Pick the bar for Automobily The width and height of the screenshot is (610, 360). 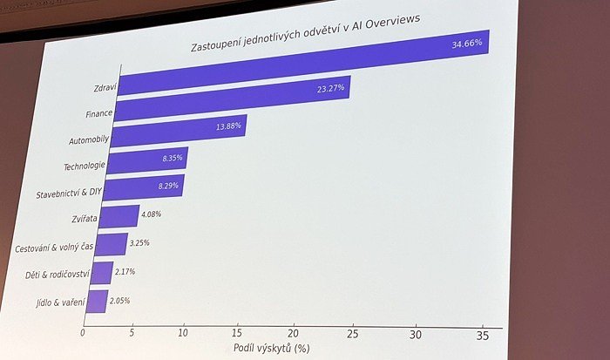pos(180,131)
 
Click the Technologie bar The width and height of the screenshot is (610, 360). pos(147,160)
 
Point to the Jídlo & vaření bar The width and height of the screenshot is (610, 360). pos(97,301)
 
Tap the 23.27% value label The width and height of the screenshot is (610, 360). pos(331,88)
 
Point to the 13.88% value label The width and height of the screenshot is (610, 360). pos(229,127)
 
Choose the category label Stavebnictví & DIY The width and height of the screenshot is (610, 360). pos(68,194)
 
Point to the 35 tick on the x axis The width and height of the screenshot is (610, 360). pos(483,336)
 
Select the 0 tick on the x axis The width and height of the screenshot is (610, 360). pos(84,332)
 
